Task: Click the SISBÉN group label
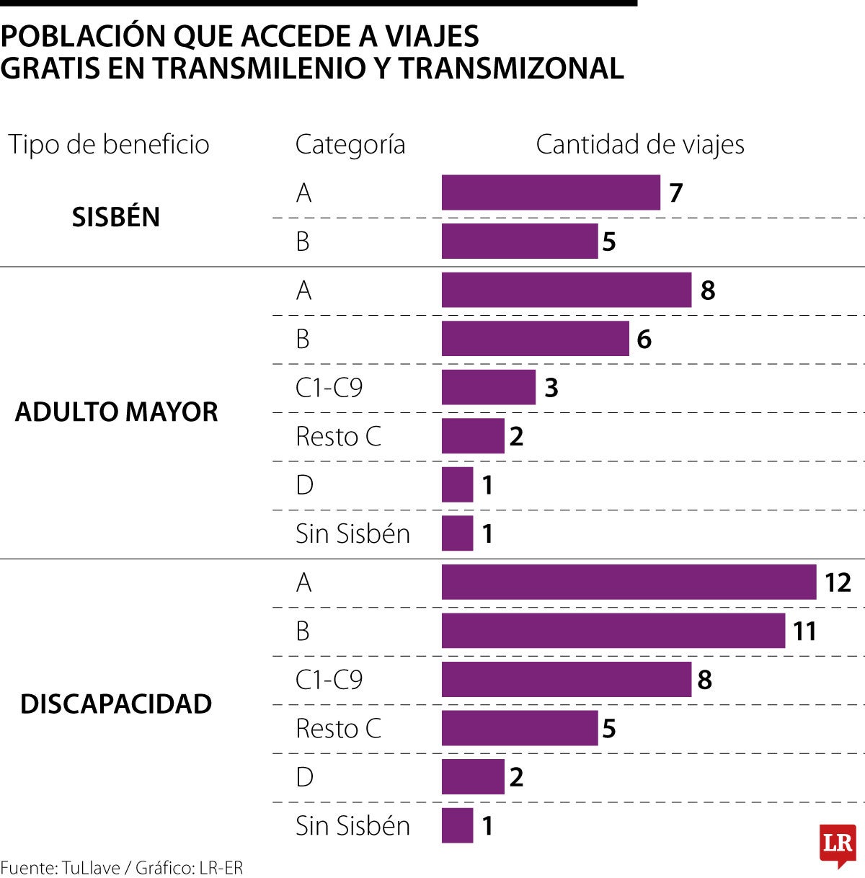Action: tap(115, 217)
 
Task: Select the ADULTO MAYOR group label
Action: tap(116, 412)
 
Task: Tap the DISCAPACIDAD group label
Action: tap(116, 704)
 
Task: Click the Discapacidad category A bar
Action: tap(629, 582)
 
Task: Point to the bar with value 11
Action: tap(613, 631)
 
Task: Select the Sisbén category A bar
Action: tap(551, 192)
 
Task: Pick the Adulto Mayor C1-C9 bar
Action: tap(489, 387)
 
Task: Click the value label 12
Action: tap(838, 582)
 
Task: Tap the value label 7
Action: tap(675, 193)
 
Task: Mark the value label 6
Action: tap(644, 339)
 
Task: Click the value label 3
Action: tap(551, 388)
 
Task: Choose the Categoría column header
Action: tap(350, 145)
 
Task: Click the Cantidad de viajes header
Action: tap(639, 145)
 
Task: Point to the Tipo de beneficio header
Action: tap(109, 145)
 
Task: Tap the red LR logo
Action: tap(838, 845)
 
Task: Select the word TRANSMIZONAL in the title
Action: tap(512, 68)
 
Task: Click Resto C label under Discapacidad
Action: tap(338, 728)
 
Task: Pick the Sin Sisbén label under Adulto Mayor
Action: tap(352, 533)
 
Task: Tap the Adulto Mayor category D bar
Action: tap(457, 484)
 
